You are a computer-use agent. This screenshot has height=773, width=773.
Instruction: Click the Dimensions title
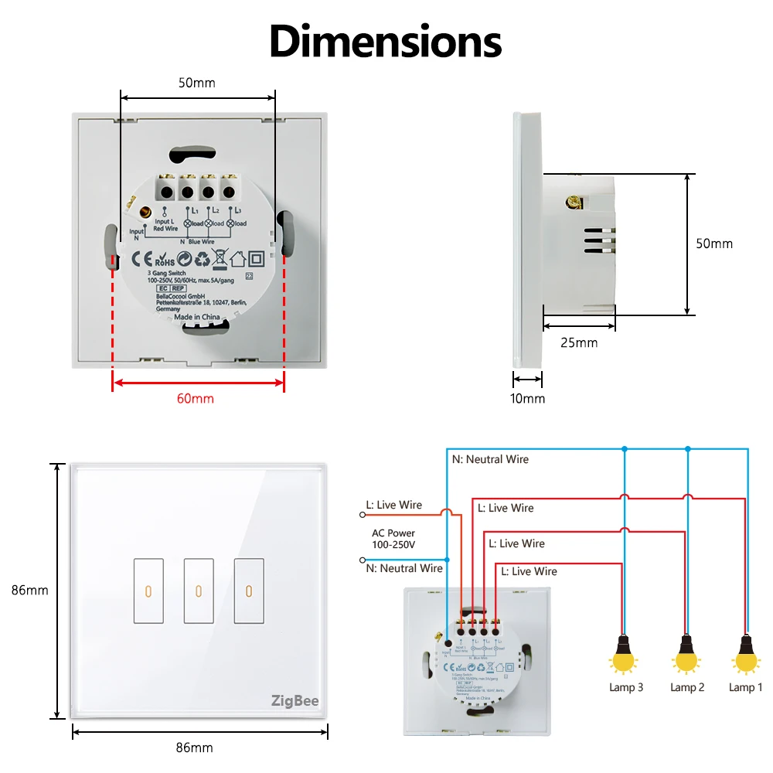click(x=386, y=42)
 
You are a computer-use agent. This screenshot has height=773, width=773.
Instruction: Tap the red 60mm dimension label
click(x=196, y=399)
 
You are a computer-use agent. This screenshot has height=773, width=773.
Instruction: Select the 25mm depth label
click(x=579, y=342)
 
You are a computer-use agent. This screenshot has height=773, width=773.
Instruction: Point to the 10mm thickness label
click(x=529, y=399)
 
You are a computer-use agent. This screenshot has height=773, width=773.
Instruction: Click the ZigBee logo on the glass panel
click(x=295, y=701)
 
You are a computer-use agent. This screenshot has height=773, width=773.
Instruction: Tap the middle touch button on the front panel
click(x=198, y=591)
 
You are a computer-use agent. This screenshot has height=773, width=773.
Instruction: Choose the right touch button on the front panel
click(x=248, y=591)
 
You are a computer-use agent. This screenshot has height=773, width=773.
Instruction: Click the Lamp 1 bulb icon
click(x=745, y=655)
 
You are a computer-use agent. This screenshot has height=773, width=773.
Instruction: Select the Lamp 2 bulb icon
click(x=686, y=655)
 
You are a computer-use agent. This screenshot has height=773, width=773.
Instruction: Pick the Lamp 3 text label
click(x=625, y=687)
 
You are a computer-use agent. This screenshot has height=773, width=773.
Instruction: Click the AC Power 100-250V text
click(x=393, y=539)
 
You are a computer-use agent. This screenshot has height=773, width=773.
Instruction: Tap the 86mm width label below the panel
click(x=194, y=747)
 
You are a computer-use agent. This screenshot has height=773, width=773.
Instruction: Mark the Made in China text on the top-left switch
click(x=196, y=317)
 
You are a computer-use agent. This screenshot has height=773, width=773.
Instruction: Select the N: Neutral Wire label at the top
click(x=490, y=459)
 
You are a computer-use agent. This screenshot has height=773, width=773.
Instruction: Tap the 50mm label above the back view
click(x=196, y=83)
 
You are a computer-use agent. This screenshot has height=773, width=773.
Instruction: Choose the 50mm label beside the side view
click(x=714, y=243)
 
